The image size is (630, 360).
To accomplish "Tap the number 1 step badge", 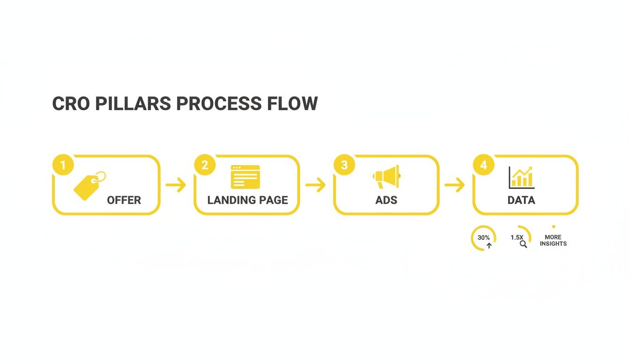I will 63,165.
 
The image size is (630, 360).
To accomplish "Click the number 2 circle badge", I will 205,165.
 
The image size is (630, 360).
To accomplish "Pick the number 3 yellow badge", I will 345,165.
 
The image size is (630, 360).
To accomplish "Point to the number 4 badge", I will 484,165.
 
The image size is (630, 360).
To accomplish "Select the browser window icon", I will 245,177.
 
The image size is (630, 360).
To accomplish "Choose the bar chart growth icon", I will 521,177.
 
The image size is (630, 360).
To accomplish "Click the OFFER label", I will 124,200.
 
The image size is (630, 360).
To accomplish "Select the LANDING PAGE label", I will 247,200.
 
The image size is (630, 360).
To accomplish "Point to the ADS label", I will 386,200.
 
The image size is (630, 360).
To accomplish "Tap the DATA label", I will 521,200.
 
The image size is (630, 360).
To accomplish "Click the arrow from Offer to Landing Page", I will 176,185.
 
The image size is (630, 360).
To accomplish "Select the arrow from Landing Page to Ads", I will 315,185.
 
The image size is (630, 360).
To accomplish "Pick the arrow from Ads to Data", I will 454,185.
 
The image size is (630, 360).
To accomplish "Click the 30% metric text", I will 484,238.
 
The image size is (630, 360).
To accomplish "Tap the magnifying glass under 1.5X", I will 523,244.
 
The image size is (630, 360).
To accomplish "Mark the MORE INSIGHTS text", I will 553,240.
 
